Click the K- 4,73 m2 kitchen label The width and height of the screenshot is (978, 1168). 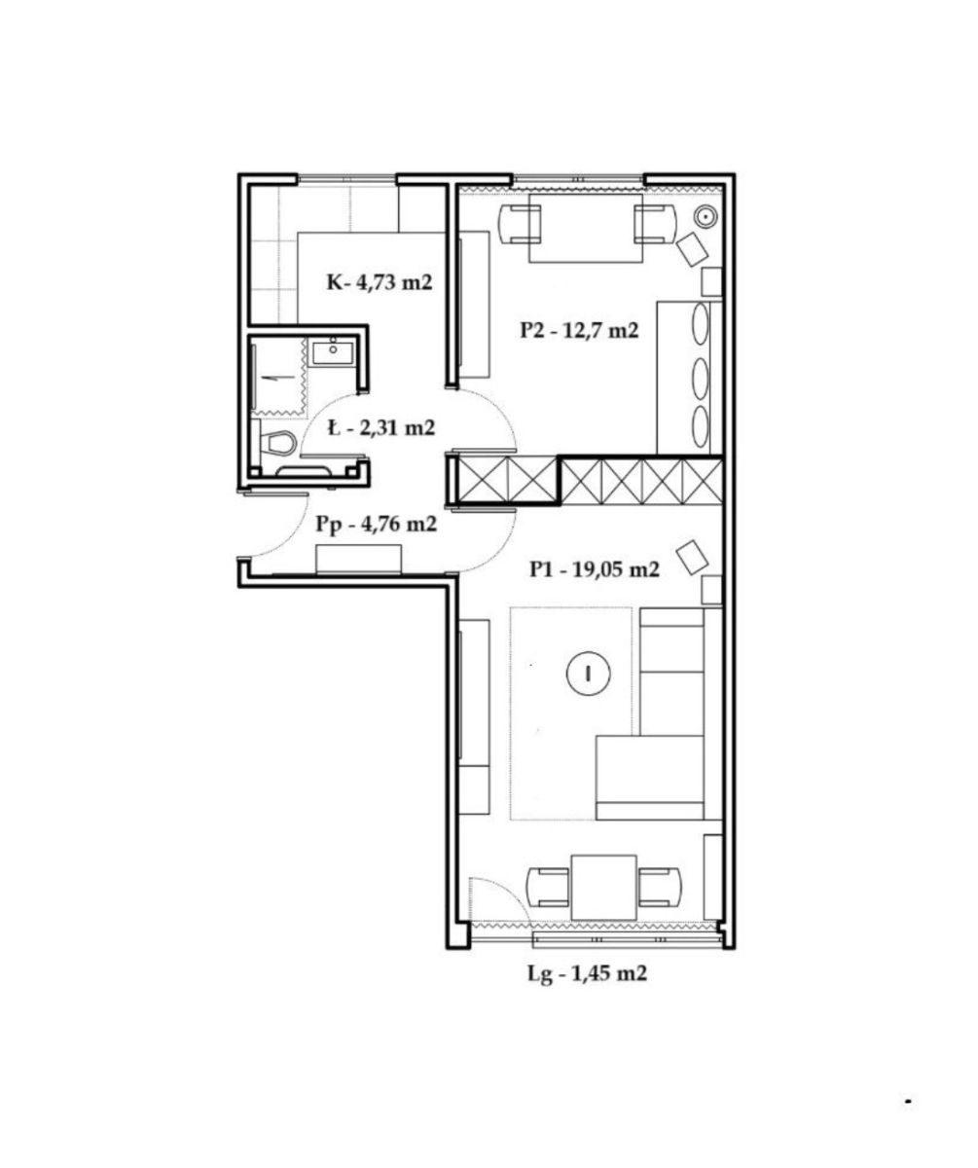380,281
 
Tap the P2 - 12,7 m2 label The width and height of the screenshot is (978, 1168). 579,330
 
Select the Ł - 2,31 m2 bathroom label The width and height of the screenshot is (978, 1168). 380,428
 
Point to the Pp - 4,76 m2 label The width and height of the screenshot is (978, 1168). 377,525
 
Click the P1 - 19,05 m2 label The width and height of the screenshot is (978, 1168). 595,569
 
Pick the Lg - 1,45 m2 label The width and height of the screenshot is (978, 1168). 587,974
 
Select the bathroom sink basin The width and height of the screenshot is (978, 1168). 333,350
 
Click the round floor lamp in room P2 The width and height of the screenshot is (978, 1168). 706,216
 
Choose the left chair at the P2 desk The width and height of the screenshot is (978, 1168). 520,224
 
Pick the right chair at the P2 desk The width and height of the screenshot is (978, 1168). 655,224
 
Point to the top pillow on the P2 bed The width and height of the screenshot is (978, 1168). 702,324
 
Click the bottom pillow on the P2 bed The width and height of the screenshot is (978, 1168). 702,425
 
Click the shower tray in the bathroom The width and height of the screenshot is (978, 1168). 278,376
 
